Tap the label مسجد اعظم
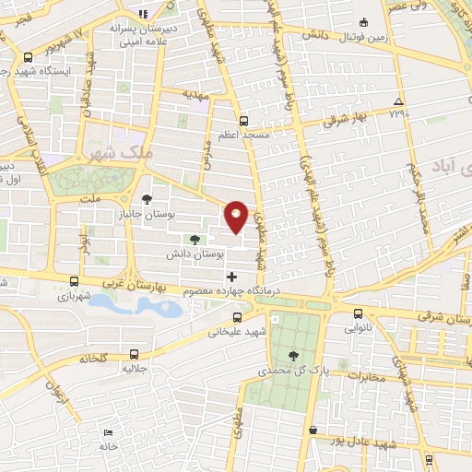(244, 135)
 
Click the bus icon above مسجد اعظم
(243, 120)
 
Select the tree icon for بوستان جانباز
(147, 198)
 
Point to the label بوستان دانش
(191, 253)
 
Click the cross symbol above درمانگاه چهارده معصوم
(230, 277)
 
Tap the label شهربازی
(76, 297)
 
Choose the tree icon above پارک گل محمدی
(293, 355)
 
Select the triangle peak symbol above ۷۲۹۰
(398, 101)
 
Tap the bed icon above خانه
(109, 431)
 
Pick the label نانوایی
(360, 326)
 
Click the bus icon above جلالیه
(135, 353)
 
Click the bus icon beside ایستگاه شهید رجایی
(29, 56)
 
